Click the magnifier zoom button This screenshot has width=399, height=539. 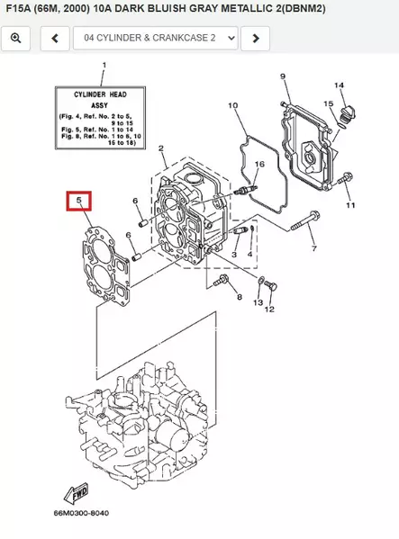pos(15,39)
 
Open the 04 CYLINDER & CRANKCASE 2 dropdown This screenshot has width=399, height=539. pos(156,39)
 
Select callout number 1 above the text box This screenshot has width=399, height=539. pos(104,66)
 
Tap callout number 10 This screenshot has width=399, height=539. pos(232,106)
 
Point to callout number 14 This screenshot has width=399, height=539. pos(340,85)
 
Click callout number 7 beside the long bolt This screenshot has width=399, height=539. pos(313,247)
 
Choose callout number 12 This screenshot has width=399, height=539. pos(269,309)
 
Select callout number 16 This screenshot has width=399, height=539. pos(259,165)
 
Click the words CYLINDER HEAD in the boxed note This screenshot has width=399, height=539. pos(105,94)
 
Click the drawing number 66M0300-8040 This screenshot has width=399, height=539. pos(81,513)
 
